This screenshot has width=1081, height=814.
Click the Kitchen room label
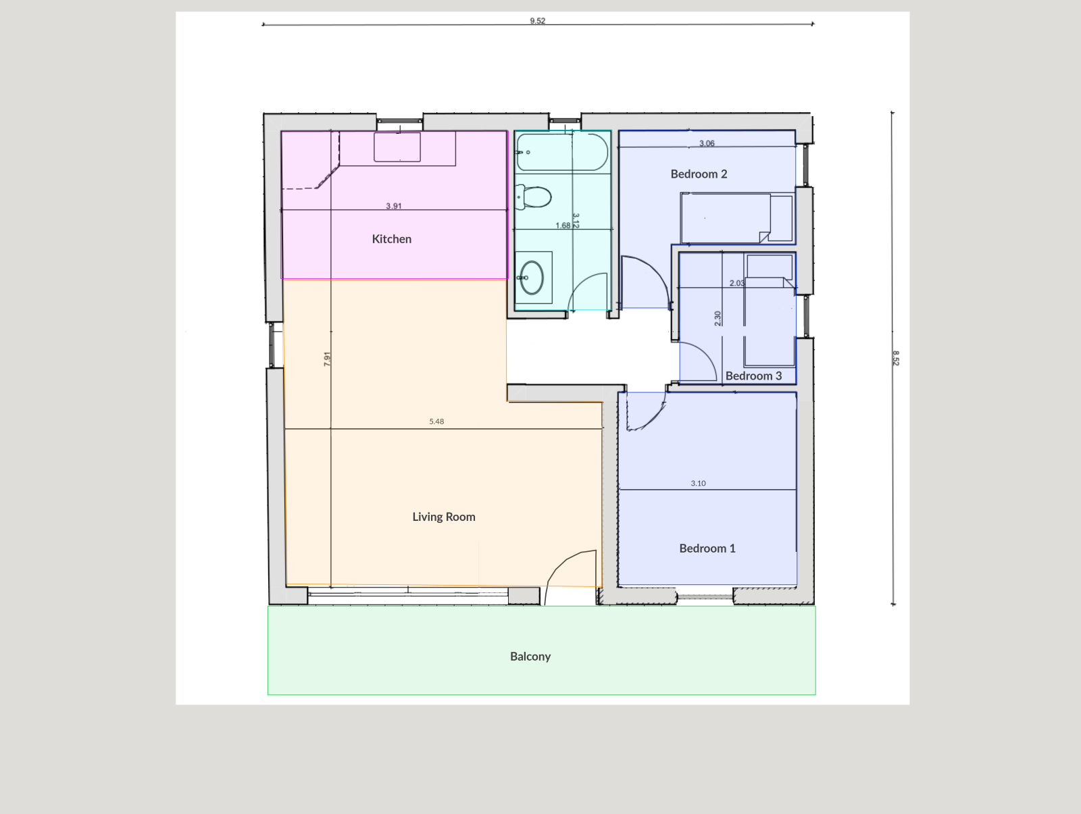point(391,239)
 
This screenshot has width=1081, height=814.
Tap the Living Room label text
point(444,517)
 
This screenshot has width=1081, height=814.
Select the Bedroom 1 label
point(707,549)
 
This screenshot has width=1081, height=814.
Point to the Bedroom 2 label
point(699,174)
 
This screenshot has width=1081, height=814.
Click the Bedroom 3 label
point(753,376)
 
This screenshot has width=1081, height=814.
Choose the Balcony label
point(530,657)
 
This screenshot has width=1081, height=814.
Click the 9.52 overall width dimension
point(537,21)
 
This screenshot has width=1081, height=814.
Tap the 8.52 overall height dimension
point(896,358)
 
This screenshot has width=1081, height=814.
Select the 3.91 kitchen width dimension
point(393,206)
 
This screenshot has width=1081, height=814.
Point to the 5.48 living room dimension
point(436,422)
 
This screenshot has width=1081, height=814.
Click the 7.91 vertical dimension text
point(327,359)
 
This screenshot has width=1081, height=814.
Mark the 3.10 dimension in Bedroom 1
point(699,484)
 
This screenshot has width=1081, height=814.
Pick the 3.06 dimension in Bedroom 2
point(707,143)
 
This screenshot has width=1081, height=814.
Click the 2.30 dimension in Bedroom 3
point(718,319)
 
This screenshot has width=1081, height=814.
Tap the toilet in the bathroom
point(533,197)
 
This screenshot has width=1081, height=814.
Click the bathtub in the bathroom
point(562,153)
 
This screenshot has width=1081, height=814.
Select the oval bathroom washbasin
point(532,278)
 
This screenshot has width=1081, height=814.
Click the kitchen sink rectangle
point(397,147)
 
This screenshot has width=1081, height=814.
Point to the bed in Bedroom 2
point(737,218)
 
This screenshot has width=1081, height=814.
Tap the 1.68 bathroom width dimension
point(563,226)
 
